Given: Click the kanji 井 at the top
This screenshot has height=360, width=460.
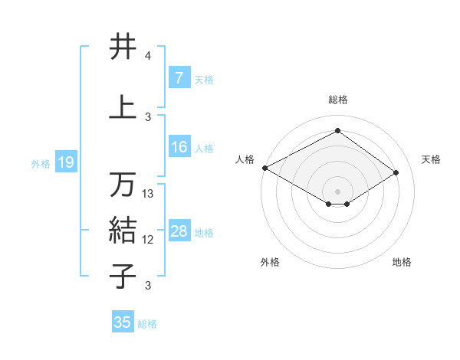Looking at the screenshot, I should [123, 47].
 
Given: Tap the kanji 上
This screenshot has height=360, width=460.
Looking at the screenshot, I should [123, 106].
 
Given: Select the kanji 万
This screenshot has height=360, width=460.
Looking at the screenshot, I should [123, 184].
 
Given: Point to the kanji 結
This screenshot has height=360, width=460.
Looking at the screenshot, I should [123, 230].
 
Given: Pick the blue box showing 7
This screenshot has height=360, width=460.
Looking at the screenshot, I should [179, 78].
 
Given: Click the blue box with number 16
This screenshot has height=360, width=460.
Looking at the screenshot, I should [179, 147].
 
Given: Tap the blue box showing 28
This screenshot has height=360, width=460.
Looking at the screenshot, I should [179, 231].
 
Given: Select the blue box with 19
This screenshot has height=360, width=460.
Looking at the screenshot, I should [65, 162].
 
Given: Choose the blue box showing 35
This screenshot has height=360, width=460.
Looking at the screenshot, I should [123, 322].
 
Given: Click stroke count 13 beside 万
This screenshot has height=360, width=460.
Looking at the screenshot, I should [149, 194].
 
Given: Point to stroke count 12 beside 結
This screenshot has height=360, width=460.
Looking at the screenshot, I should [149, 240].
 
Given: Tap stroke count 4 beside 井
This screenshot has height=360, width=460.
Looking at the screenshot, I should [148, 57].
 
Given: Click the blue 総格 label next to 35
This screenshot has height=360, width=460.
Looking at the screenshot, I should [147, 324].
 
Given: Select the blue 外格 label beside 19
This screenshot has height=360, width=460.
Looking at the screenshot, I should [41, 163].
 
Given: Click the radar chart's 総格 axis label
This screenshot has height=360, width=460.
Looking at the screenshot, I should [337, 100].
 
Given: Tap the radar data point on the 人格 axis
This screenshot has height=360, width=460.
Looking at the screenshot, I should [264, 168].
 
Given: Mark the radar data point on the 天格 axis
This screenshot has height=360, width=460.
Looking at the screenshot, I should [396, 172].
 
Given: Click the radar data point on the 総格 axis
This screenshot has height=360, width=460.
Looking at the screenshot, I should [337, 130].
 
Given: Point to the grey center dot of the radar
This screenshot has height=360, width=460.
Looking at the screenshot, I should [337, 190].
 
